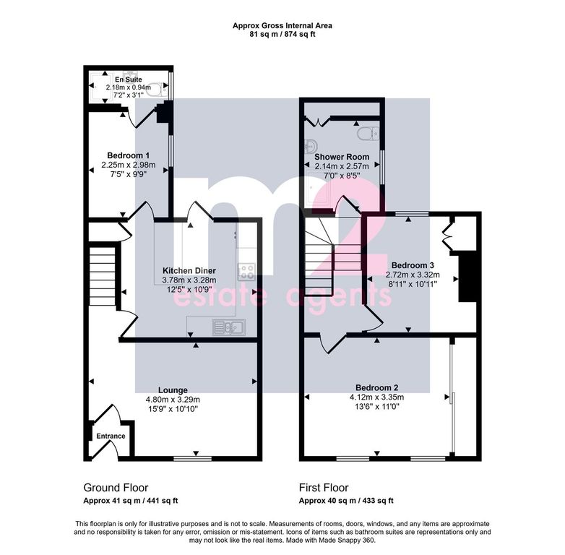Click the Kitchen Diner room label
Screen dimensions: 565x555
pos(189,271)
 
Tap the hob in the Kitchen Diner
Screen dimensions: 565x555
pos(247,272)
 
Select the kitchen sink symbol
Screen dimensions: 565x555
pos(229,327)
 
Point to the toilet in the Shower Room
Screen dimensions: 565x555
pos(368,134)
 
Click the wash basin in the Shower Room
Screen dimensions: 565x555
pos(311,146)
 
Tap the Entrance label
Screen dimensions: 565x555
pos(111,436)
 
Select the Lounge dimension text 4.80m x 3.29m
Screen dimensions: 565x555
pos(173,400)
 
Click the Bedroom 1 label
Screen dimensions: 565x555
pos(129,155)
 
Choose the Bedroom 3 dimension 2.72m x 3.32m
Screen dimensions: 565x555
pos(413,275)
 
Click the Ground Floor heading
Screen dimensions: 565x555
pos(116,488)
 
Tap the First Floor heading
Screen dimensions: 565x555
pos(324,488)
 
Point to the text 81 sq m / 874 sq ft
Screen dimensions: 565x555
pos(282,35)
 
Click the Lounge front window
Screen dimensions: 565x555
pos(192,458)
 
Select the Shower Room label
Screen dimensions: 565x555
pos(342,157)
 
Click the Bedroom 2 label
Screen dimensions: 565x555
pos(377,388)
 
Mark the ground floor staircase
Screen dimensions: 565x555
pos(103,276)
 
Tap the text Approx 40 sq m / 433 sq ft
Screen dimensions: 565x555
pos(346,501)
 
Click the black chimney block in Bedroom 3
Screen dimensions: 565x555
pos(467,277)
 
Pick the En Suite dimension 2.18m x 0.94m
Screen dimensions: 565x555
pos(129,87)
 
